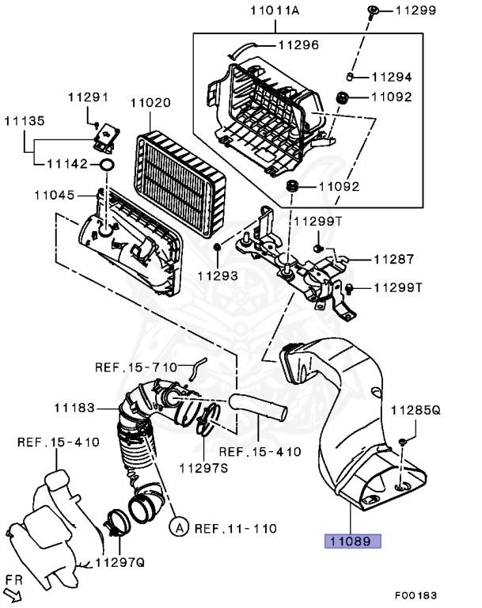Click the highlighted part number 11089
pyautogui.click(x=351, y=542)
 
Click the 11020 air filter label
pyautogui.click(x=150, y=103)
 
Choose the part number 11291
pyautogui.click(x=87, y=97)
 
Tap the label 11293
pyautogui.click(x=217, y=276)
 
